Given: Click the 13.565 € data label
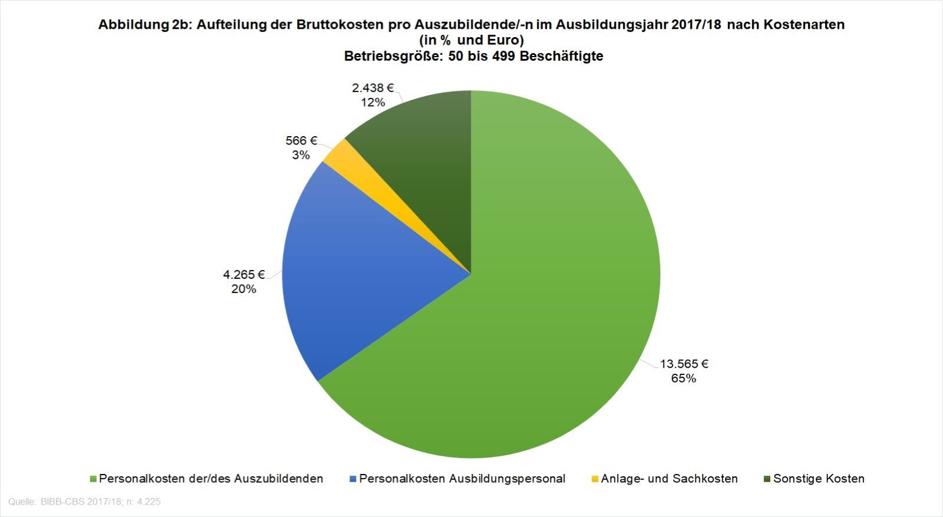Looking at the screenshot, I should pos(684,364).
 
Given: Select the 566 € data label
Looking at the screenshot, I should pos(301,141).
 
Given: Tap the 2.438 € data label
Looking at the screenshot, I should pos(372,88).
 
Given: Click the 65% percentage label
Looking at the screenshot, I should pos(684,378).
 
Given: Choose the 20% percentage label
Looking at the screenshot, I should pos(244,289).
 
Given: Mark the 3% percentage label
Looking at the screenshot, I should pos(301,155).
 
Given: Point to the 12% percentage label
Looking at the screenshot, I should pos(372,103).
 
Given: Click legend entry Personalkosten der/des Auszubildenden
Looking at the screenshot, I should pos(211,479).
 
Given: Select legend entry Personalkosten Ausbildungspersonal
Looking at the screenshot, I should pos(462,479).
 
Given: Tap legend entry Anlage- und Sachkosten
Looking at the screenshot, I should pos(669,479).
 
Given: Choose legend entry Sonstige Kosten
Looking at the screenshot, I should pos(819,479).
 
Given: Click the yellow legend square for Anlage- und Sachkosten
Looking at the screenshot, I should pos(595,479).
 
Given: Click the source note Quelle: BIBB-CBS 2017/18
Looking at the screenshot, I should pos(84,502).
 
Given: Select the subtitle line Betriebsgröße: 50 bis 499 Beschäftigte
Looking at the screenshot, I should pos(473,57).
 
